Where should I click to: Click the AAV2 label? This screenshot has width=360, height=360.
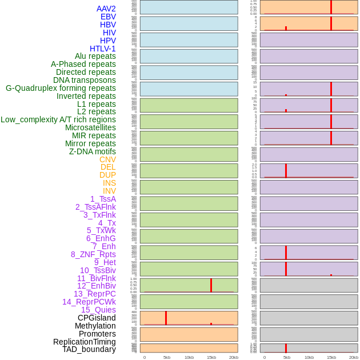click(106, 9)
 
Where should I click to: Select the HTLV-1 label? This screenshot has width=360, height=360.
click(103, 49)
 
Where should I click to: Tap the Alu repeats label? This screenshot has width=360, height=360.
click(95, 56)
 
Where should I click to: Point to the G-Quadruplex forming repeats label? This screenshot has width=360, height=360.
click(61, 88)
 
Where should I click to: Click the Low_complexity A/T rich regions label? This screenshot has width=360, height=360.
click(58, 119)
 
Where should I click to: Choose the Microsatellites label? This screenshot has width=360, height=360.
click(90, 127)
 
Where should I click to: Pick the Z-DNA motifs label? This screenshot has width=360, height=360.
click(93, 151)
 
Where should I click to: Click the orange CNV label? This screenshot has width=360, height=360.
click(107, 159)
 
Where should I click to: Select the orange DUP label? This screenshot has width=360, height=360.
click(107, 175)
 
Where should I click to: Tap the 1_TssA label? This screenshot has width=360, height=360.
click(103, 199)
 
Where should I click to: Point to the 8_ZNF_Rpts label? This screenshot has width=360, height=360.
click(93, 254)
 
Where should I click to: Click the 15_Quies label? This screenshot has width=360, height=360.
click(98, 310)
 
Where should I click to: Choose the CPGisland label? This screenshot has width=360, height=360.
click(97, 318)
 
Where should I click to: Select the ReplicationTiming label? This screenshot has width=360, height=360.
click(85, 342)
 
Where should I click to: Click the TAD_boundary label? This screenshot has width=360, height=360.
click(89, 349)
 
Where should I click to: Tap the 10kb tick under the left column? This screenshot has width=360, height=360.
click(189, 357)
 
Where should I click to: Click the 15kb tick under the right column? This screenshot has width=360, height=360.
click(331, 357)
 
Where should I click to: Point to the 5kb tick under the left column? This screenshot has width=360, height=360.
click(167, 357)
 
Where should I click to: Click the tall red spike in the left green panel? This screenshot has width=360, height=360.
click(211, 285)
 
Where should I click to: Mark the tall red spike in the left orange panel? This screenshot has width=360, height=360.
click(166, 318)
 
